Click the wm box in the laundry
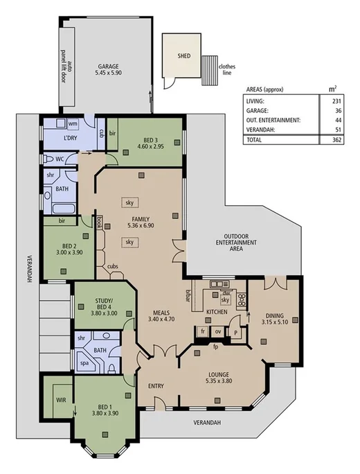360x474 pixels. [73, 123]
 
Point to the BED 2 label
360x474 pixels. [68, 245]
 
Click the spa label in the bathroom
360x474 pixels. [84, 362]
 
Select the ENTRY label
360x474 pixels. [157, 386]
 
